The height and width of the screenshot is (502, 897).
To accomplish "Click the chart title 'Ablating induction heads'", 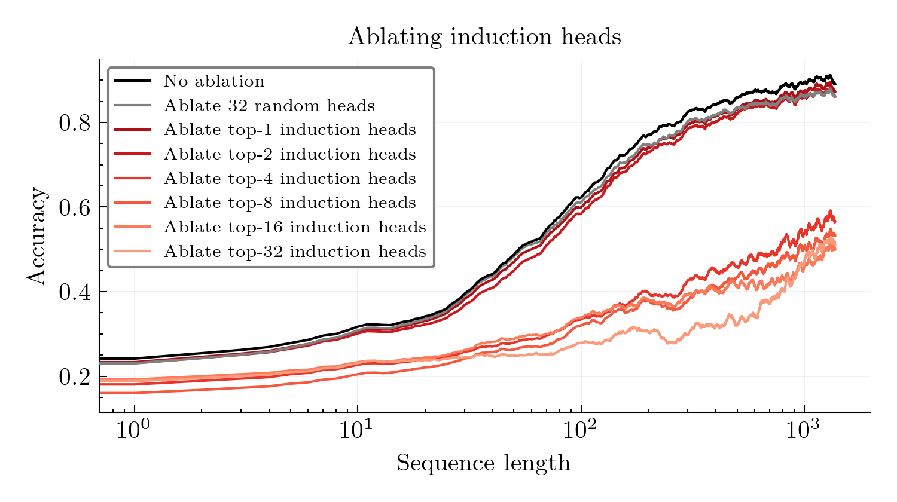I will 484,37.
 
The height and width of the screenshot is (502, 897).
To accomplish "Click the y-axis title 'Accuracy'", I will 36,236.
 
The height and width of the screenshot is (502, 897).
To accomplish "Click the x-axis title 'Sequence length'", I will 483,463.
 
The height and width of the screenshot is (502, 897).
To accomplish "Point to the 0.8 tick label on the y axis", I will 75,123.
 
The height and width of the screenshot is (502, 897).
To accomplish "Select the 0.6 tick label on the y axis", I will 75,207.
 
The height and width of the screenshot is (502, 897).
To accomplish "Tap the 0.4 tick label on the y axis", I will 75,292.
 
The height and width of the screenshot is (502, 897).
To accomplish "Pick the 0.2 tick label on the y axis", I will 75,377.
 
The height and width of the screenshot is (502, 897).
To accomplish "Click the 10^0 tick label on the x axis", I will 133,430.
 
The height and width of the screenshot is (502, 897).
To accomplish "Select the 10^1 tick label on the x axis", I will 356,430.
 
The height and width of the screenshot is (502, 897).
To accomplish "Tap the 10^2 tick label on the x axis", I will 580,430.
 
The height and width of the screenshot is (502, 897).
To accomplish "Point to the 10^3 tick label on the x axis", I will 804,430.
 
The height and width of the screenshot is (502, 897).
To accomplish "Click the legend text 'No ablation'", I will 213,81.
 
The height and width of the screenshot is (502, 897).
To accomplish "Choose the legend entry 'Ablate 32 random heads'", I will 269,106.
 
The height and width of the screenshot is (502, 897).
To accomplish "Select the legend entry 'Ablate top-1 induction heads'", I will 289,130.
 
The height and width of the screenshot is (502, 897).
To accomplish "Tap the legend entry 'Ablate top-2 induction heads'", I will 289,154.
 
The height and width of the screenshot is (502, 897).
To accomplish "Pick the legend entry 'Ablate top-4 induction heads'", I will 289,179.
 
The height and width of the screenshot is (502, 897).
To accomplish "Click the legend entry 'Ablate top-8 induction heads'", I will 289,203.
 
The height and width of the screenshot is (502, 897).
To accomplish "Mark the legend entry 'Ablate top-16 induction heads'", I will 295,227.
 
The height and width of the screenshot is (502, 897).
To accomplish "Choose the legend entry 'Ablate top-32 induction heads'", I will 295,252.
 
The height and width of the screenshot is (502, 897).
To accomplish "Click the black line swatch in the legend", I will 132,81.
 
